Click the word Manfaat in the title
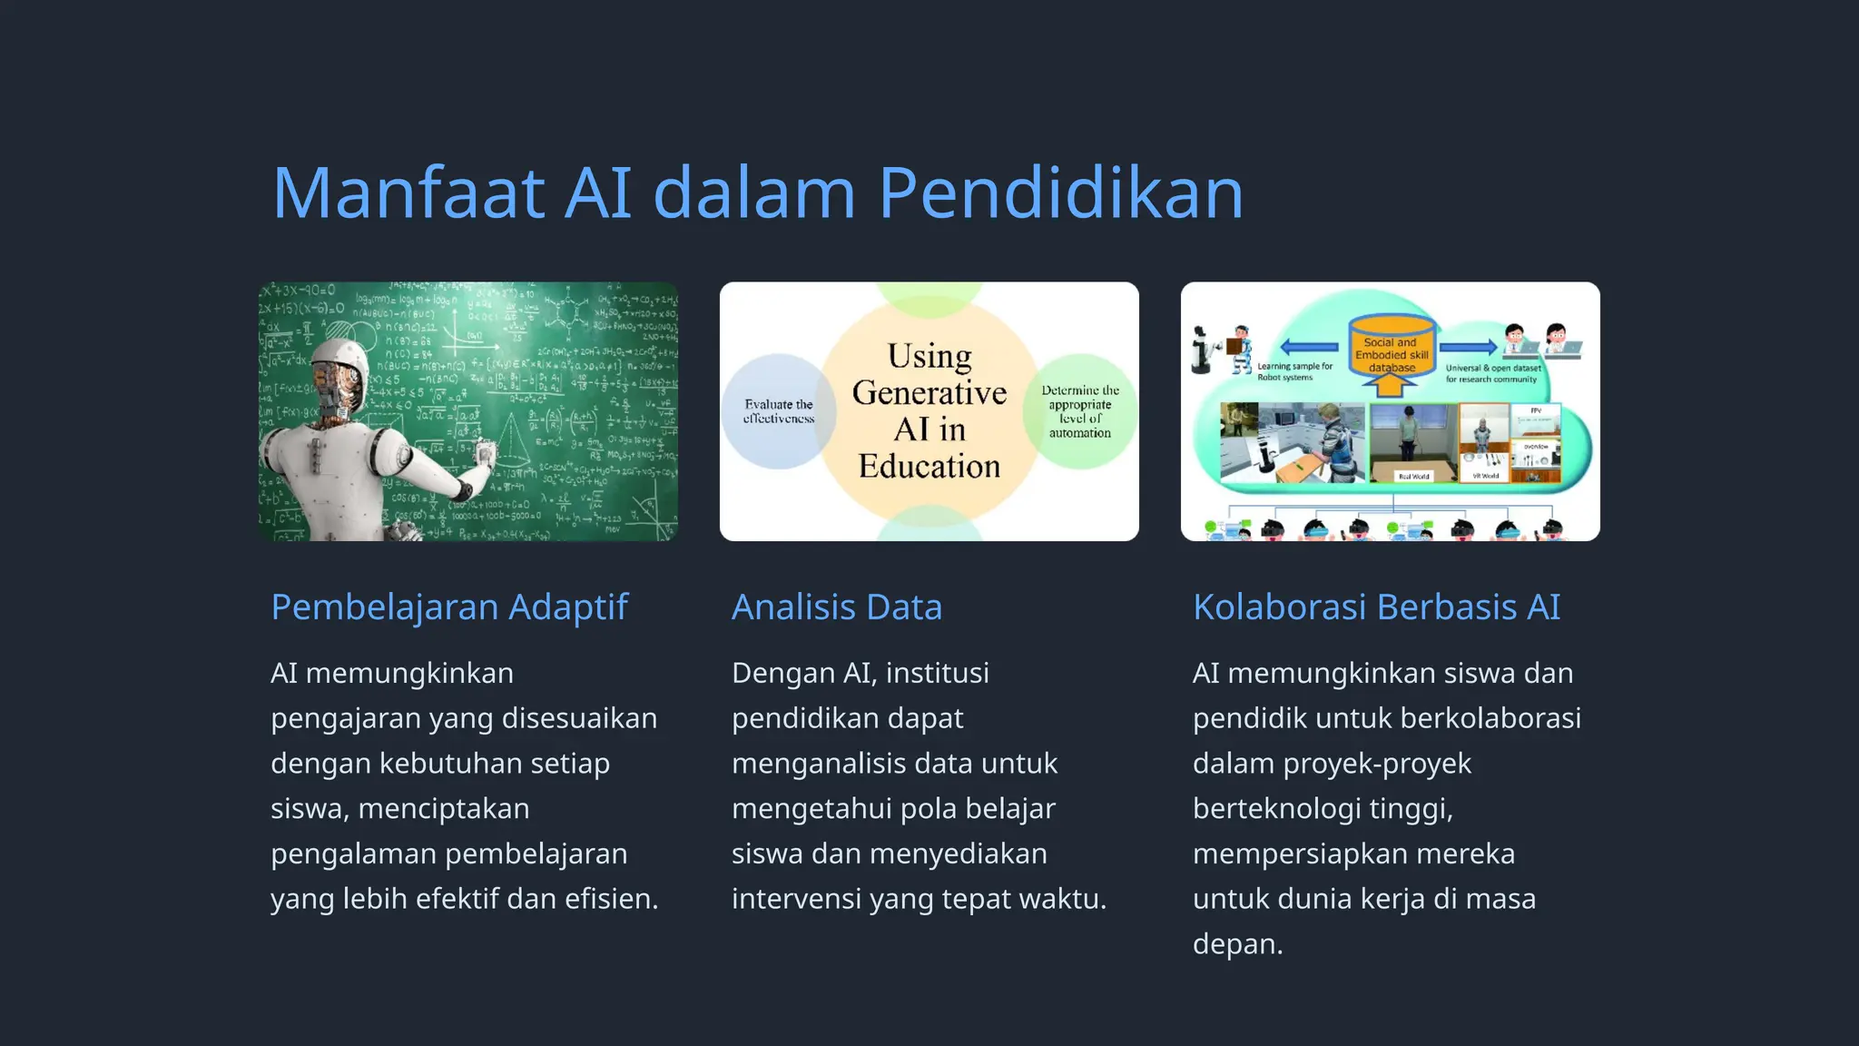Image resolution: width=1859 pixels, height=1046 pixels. [408, 193]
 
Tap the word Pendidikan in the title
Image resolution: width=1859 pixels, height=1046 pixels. [1060, 193]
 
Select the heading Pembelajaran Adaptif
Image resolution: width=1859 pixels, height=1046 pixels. [449, 607]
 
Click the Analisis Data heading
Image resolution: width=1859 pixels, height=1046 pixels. [837, 607]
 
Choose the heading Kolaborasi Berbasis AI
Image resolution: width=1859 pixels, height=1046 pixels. [1376, 607]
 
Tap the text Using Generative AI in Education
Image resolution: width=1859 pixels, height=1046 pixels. [929, 410]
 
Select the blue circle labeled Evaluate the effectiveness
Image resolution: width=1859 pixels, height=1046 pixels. [778, 411]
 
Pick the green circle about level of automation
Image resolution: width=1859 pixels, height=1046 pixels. [1080, 411]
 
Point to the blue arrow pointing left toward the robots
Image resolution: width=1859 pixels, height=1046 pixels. [1308, 347]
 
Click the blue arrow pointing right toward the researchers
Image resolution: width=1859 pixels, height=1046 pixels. [1468, 347]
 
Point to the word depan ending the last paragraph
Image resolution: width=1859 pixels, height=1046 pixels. [1236, 944]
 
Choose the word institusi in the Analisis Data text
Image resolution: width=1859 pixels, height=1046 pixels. [937, 674]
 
